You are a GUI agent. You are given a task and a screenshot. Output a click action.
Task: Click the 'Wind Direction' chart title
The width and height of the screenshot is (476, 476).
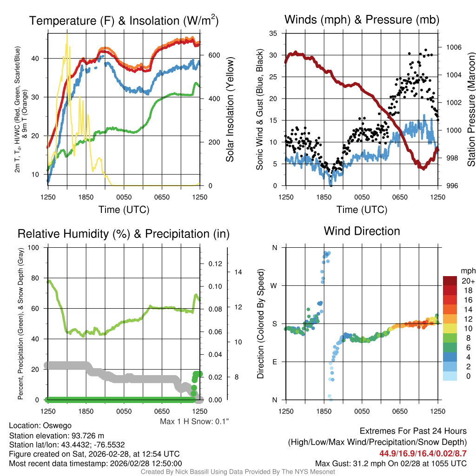(x=362, y=231)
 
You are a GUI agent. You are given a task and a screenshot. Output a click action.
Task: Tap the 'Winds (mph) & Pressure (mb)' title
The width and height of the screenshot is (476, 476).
(x=362, y=20)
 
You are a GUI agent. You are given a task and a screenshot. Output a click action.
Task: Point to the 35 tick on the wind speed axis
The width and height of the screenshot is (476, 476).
(x=273, y=33)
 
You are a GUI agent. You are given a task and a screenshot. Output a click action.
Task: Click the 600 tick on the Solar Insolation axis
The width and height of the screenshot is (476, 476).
(x=214, y=55)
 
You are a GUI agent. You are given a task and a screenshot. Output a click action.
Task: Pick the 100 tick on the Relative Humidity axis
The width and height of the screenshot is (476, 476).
(x=34, y=247)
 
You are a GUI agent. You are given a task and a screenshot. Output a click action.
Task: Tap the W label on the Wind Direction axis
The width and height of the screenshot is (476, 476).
(x=274, y=285)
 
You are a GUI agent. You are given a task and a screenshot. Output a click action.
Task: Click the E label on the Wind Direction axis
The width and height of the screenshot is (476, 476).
(x=274, y=362)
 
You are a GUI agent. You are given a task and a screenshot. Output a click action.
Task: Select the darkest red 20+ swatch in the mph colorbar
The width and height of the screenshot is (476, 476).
(x=450, y=281)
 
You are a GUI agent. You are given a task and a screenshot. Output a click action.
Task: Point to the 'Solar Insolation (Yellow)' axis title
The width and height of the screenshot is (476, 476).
(x=231, y=110)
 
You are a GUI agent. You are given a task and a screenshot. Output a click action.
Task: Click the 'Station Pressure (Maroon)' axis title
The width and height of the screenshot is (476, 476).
(x=470, y=110)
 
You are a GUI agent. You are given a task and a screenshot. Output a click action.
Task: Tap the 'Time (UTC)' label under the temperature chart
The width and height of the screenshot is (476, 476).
(x=124, y=210)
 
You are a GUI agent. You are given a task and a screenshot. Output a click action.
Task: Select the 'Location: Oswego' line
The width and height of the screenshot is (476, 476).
(x=40, y=425)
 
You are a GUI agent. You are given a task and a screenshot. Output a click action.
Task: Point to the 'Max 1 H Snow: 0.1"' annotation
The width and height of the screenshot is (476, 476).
(x=194, y=422)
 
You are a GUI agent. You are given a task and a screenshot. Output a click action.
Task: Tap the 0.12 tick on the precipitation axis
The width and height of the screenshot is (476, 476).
(x=215, y=264)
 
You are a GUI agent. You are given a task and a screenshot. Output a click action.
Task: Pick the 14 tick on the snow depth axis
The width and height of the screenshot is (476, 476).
(x=239, y=272)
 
